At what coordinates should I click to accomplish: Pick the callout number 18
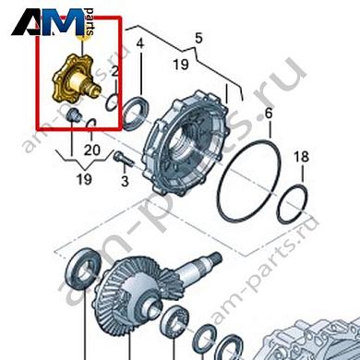(297, 159)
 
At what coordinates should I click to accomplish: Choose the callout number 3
(125, 181)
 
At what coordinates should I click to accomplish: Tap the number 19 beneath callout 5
(180, 65)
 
